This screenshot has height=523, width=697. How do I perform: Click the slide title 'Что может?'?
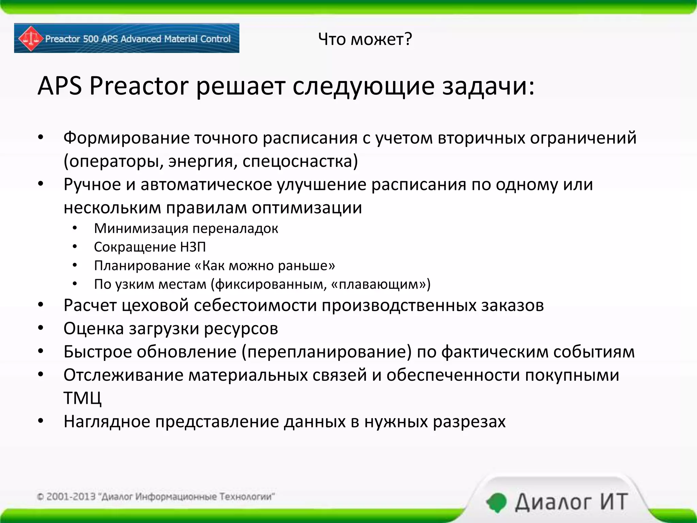click(x=365, y=39)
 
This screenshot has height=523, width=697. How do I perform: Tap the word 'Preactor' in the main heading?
click(x=139, y=86)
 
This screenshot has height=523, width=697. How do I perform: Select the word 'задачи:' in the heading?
click(x=488, y=86)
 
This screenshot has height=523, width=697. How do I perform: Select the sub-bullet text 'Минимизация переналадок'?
click(x=186, y=228)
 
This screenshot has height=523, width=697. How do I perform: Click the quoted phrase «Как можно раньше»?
click(x=264, y=266)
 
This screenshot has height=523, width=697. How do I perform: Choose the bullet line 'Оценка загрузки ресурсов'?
click(x=171, y=329)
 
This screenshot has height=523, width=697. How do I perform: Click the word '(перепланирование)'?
click(x=326, y=352)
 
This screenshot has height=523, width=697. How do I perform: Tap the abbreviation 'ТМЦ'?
click(x=82, y=398)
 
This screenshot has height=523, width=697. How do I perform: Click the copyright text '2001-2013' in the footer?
click(x=70, y=497)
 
